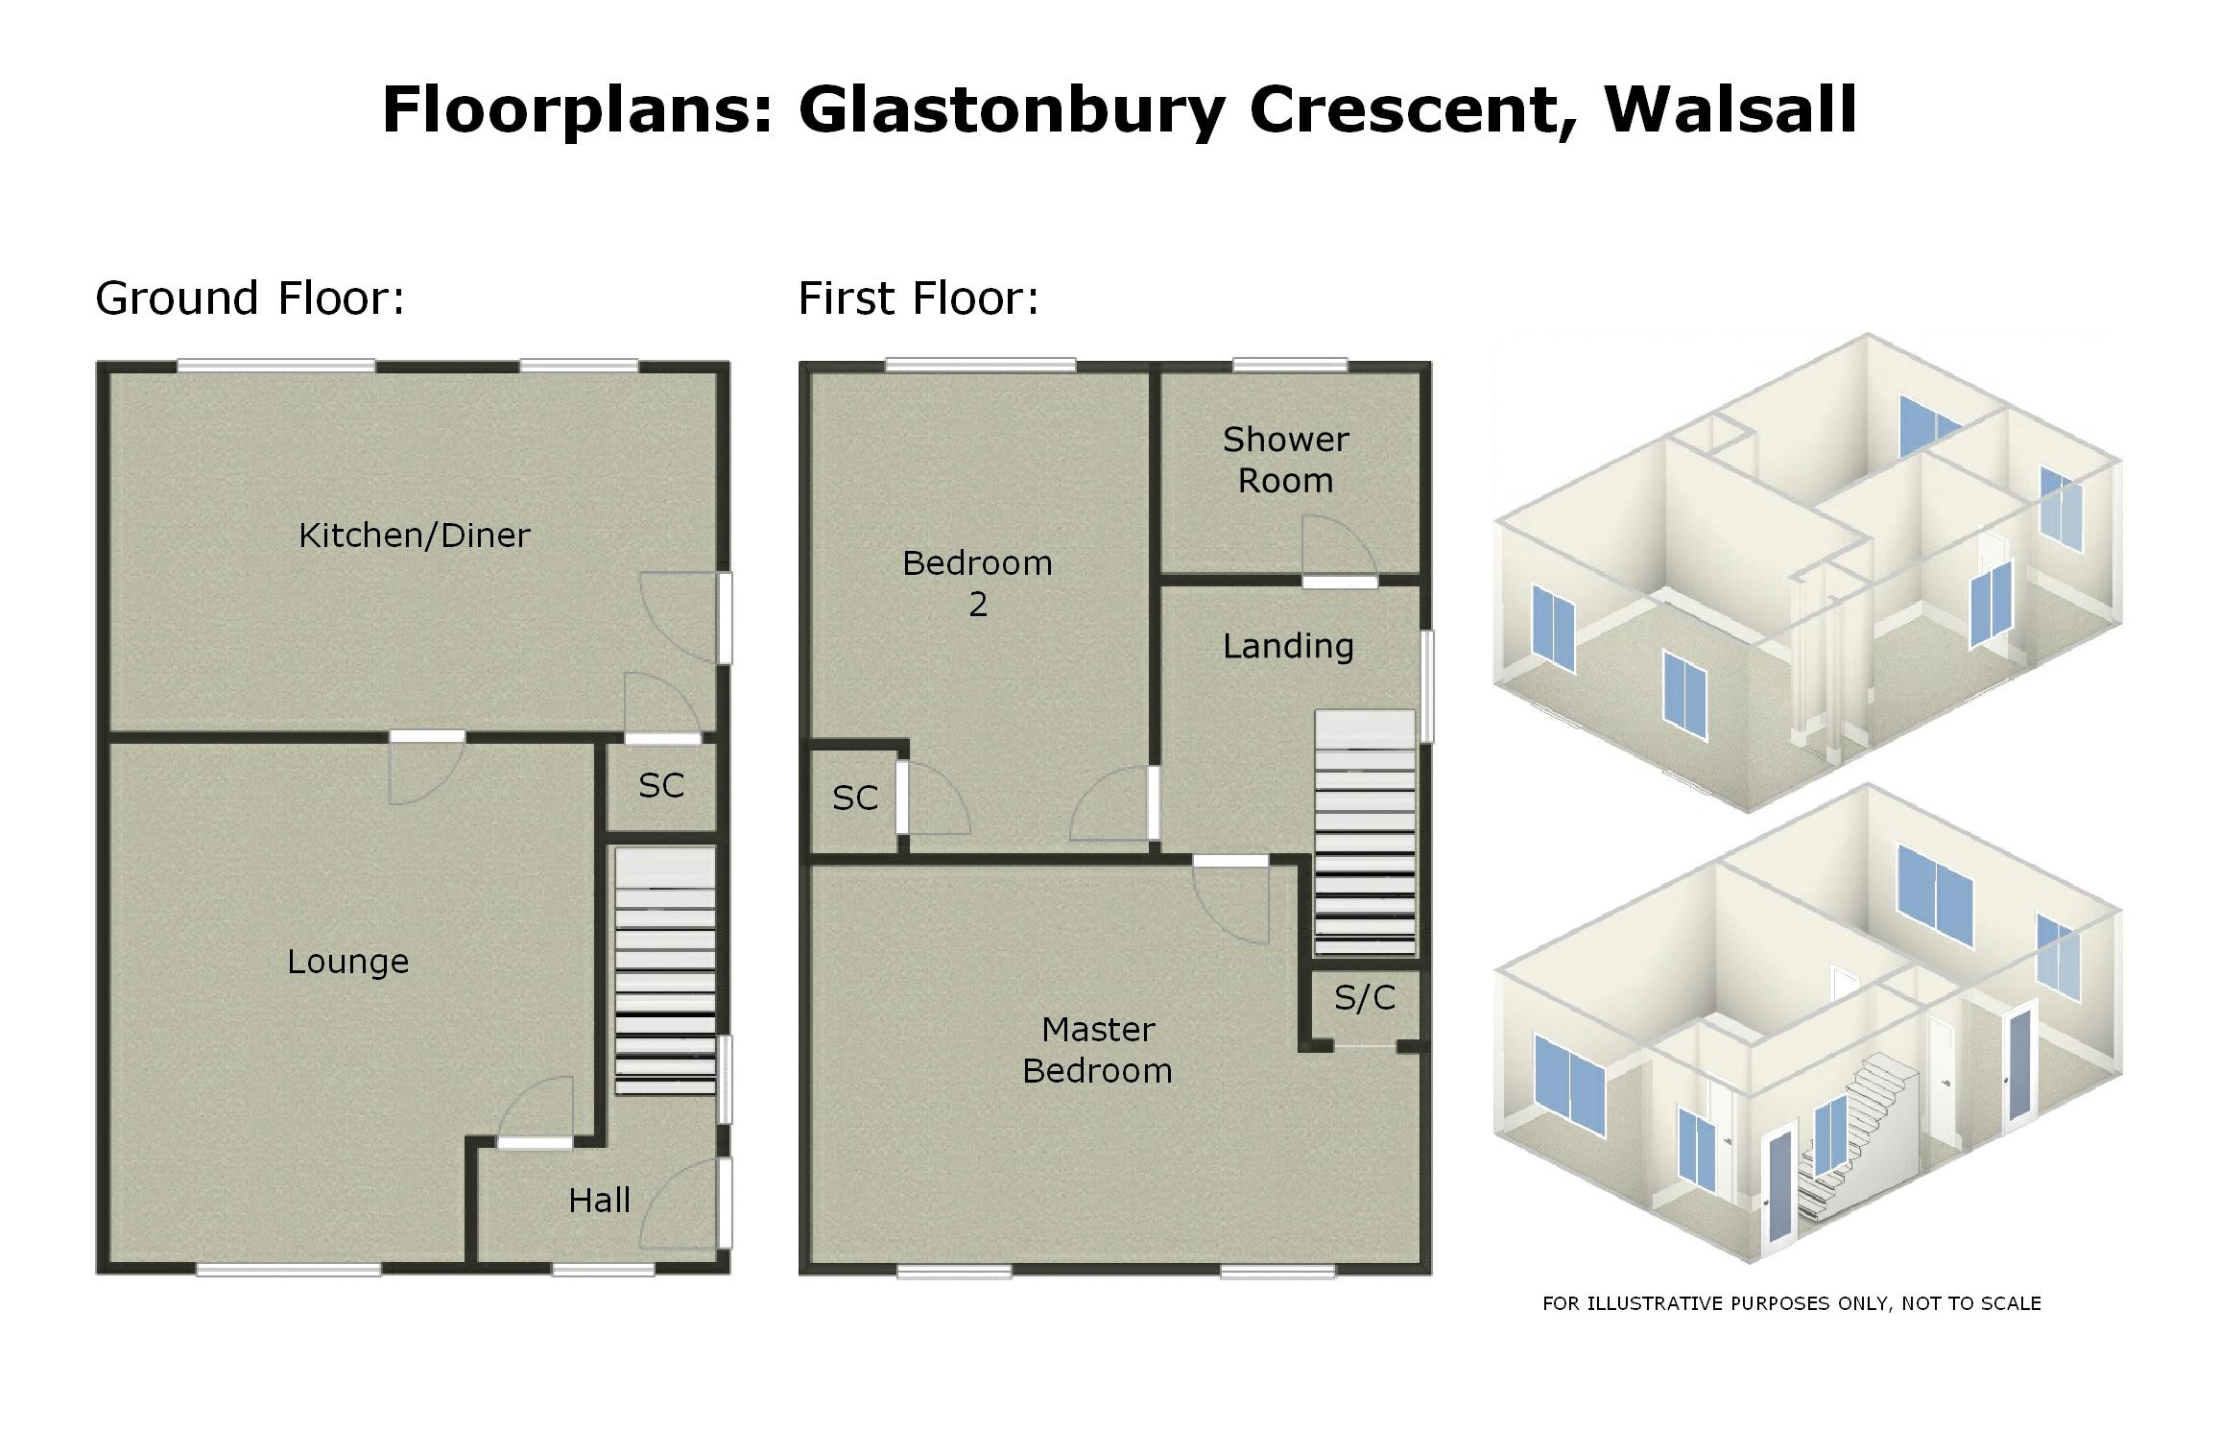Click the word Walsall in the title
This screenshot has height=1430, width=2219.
[x=1730, y=109]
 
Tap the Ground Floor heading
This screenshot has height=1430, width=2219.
[x=250, y=298]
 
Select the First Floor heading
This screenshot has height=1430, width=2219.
[x=919, y=298]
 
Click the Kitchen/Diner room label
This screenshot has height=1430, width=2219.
[x=414, y=536]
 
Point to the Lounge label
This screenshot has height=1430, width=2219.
[x=347, y=962]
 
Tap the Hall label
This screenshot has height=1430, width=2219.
[x=599, y=1201]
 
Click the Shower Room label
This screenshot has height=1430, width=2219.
[x=1285, y=460]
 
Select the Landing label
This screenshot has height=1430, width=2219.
[x=1288, y=646]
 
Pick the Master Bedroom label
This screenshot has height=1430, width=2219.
[x=1097, y=1050]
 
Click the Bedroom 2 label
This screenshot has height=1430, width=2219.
[x=977, y=583]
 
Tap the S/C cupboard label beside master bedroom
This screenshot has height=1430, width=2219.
[x=1364, y=998]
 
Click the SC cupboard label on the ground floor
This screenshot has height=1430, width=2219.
[x=661, y=786]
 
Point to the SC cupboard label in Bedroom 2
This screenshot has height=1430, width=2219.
[x=854, y=798]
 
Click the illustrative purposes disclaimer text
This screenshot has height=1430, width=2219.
[x=1791, y=1303]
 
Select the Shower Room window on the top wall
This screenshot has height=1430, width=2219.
[x=1289, y=366]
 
